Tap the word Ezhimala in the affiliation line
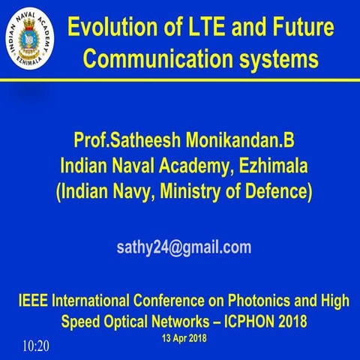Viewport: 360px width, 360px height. point(264,165)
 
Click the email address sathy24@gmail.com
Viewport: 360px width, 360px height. point(183,247)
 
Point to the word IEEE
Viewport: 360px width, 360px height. point(34,302)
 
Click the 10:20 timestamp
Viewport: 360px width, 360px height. point(35,346)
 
